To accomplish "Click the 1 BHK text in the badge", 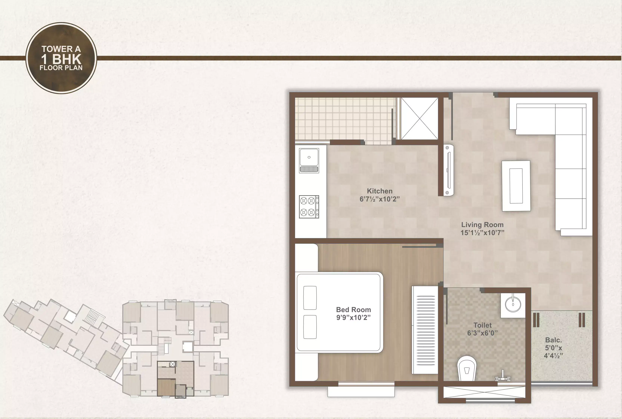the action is pyautogui.click(x=61, y=59).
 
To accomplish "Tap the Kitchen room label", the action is pyautogui.click(x=380, y=191).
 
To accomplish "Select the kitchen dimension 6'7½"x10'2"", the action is pyautogui.click(x=380, y=199).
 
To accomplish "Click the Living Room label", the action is pyautogui.click(x=482, y=225).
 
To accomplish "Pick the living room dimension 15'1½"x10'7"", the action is pyautogui.click(x=482, y=233).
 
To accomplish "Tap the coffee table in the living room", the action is pyautogui.click(x=516, y=186).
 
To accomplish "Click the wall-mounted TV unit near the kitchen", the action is pyautogui.click(x=449, y=170).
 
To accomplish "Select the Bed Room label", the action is pyautogui.click(x=353, y=310).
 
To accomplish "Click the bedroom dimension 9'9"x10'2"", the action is pyautogui.click(x=353, y=318).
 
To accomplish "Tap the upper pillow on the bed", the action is pyautogui.click(x=310, y=298).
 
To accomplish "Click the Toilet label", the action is pyautogui.click(x=482, y=325).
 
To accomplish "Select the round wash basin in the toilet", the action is pyautogui.click(x=513, y=304).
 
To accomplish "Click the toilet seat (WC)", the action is pyautogui.click(x=467, y=368).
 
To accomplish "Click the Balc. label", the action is pyautogui.click(x=553, y=340).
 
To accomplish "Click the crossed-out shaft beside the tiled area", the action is pyautogui.click(x=420, y=118).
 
